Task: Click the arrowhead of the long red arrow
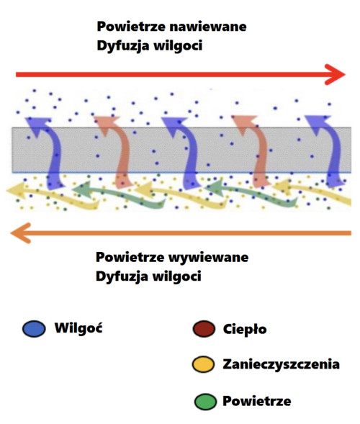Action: point(335,74)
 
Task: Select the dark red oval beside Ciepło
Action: point(204,330)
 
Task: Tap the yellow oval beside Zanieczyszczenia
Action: point(204,365)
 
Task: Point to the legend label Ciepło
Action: point(245,330)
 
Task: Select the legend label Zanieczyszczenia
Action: point(282,365)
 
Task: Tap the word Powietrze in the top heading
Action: point(132,27)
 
